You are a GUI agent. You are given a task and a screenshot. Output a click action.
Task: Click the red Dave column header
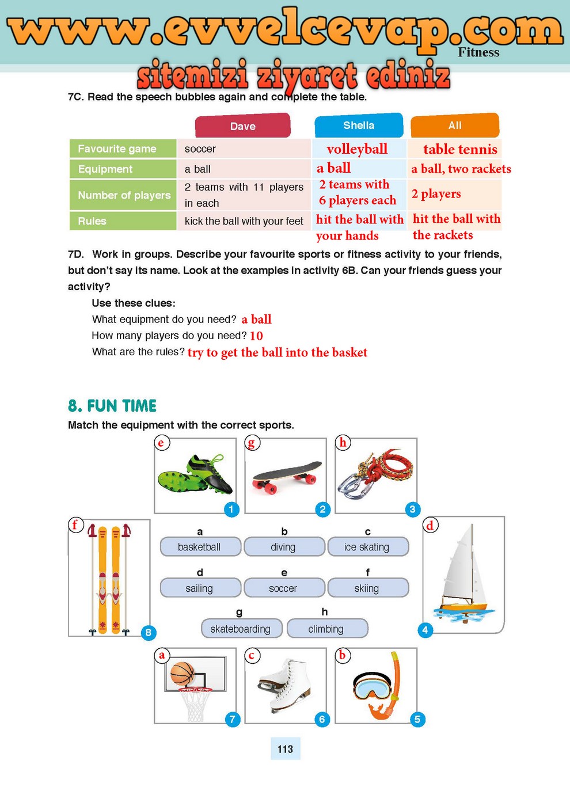pyautogui.click(x=243, y=126)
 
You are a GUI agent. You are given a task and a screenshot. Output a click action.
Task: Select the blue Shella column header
pyautogui.click(x=359, y=126)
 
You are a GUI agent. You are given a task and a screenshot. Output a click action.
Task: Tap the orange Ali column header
pyautogui.click(x=455, y=126)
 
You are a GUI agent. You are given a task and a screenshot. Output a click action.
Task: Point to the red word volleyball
pyautogui.click(x=357, y=149)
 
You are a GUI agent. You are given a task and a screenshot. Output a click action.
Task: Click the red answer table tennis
pyautogui.click(x=460, y=150)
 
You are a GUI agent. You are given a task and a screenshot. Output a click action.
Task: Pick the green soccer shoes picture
pyautogui.click(x=196, y=476)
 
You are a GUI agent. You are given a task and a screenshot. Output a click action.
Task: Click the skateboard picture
pyautogui.click(x=287, y=476)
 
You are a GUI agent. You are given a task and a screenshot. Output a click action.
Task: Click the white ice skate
pyautogui.click(x=284, y=685)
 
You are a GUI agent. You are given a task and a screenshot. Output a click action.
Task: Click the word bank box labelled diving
pyautogui.click(x=284, y=547)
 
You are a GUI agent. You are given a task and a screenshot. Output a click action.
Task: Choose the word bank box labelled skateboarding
pyautogui.click(x=241, y=629)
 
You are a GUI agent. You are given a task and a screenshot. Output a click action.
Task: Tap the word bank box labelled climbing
pyautogui.click(x=326, y=629)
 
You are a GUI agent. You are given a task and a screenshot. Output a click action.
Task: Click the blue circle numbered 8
pyautogui.click(x=148, y=633)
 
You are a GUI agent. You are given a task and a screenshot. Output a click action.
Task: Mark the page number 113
pyautogui.click(x=285, y=749)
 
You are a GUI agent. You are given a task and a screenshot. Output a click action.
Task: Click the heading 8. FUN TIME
pyautogui.click(x=112, y=406)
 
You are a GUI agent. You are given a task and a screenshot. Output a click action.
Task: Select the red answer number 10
pyautogui.click(x=256, y=336)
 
